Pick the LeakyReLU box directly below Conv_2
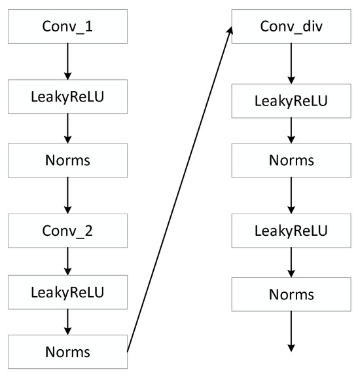[x=67, y=290]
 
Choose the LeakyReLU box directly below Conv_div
[x=291, y=102]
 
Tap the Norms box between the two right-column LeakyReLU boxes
[x=291, y=161]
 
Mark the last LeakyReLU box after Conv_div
[x=291, y=231]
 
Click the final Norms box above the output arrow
[x=291, y=293]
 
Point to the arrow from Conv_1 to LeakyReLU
[x=67, y=64]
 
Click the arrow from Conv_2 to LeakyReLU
[x=67, y=261]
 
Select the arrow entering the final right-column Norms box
[x=291, y=262]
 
